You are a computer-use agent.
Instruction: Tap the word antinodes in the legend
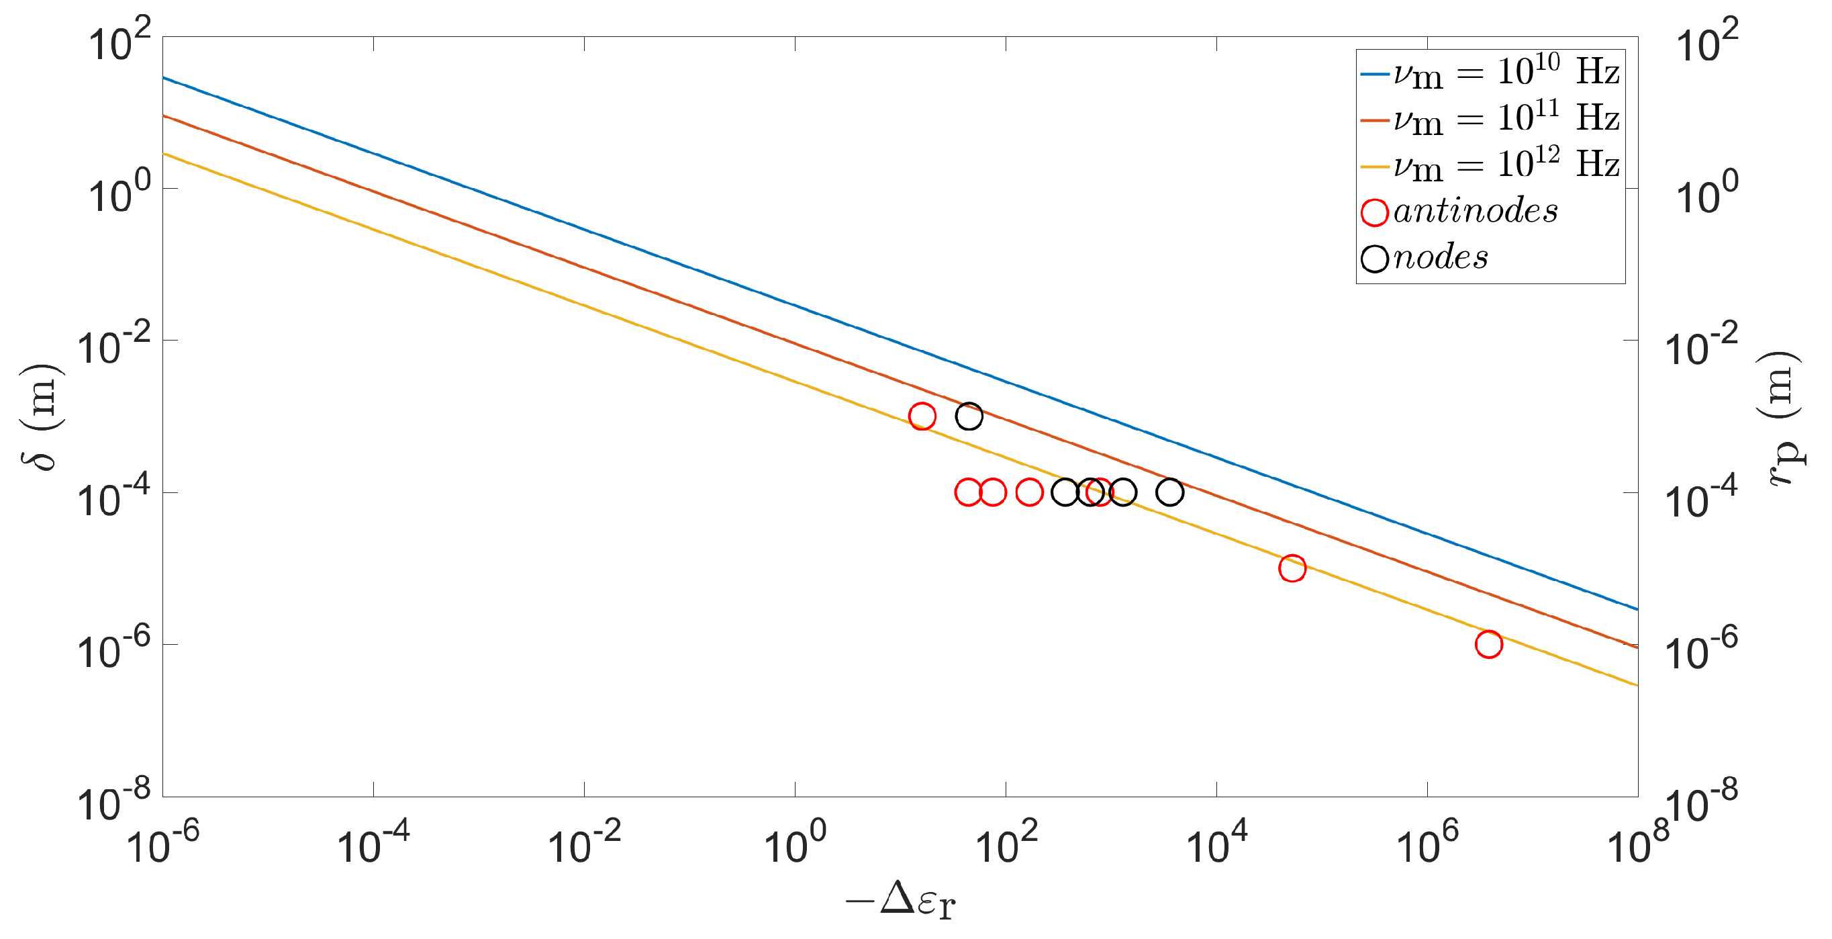tap(1476, 212)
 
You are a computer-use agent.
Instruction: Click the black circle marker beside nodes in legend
tap(1375, 258)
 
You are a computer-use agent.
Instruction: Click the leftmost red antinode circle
tap(922, 416)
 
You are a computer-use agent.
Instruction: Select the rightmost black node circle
tap(1169, 492)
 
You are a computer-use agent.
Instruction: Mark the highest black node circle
tap(969, 416)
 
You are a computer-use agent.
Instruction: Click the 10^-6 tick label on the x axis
tap(162, 842)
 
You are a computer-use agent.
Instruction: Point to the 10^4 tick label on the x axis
tap(1218, 842)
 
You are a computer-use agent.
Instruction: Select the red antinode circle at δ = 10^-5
tap(1292, 568)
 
